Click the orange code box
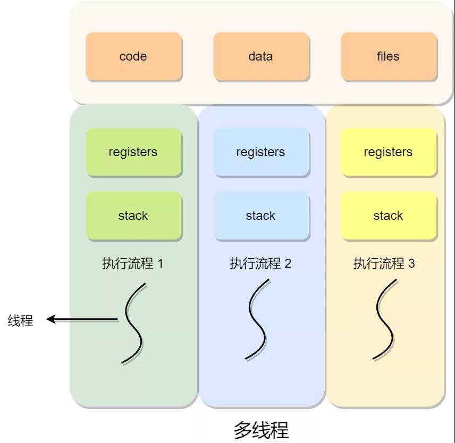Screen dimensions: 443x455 coord(133,56)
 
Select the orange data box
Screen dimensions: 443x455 coord(260,56)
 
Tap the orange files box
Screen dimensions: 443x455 coord(388,56)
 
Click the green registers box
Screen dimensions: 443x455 coord(133,152)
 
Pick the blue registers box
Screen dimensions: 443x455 coord(260,152)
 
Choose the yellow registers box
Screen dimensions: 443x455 coord(388,152)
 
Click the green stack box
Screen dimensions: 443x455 coord(133,216)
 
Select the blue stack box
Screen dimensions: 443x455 coord(260,216)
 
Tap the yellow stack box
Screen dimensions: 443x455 coord(388,216)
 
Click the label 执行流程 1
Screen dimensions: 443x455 coord(132,263)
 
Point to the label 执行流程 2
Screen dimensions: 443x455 coord(260,263)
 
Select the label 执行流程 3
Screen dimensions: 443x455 coord(384,263)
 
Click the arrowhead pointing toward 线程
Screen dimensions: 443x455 coord(51,319)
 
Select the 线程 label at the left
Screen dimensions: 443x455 coord(20,320)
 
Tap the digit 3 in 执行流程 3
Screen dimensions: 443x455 coord(411,263)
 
